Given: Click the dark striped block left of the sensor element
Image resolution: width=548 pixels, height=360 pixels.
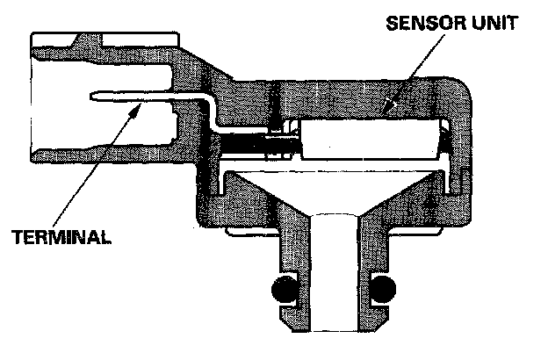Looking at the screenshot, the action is point(263,140).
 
